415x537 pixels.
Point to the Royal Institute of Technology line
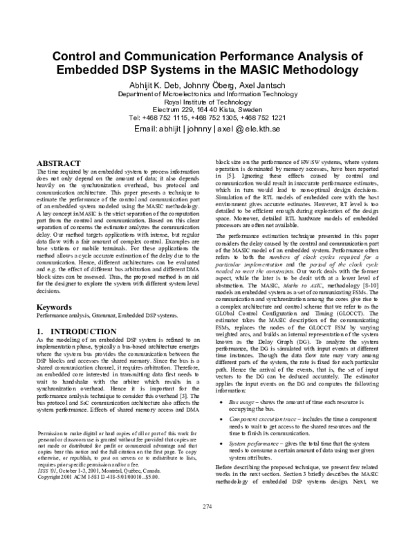click(207, 101)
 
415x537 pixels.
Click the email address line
click(207, 129)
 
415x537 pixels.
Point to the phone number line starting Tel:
click(207, 118)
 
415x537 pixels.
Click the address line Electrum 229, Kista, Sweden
click(207, 109)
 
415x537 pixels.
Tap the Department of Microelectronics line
click(207, 93)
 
